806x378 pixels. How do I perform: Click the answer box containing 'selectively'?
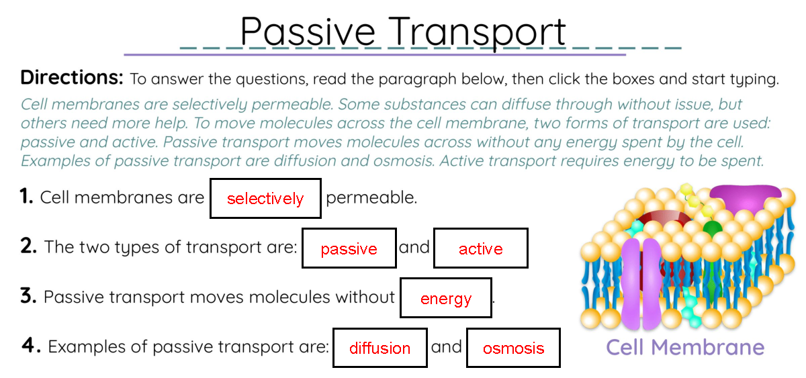click(265, 198)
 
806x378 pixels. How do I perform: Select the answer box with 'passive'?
click(349, 248)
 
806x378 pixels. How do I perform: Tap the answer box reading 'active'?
click(480, 248)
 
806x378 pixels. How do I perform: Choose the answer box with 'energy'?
click(445, 298)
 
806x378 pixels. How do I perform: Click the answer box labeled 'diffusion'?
click(379, 348)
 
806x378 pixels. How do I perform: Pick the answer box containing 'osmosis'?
click(513, 348)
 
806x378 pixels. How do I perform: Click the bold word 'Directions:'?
click(72, 77)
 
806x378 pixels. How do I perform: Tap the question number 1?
click(26, 197)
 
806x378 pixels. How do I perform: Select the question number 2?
click(28, 246)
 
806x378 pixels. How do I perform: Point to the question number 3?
click(28, 296)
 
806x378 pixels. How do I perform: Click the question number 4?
click(31, 346)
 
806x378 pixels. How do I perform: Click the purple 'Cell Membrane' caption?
click(684, 347)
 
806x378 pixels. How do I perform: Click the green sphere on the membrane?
click(712, 228)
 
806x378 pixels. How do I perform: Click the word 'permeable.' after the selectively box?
click(371, 198)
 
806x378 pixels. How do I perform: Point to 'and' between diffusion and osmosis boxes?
click(446, 346)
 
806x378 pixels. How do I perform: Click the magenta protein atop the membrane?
click(746, 198)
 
